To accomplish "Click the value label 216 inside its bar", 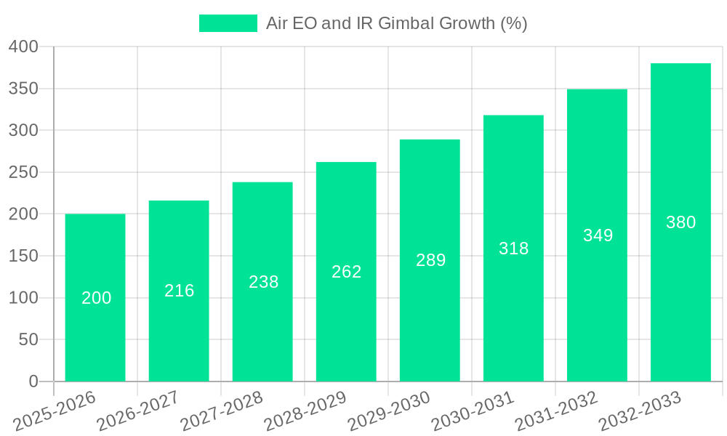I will click(x=179, y=291).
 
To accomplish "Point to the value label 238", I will click(x=263, y=282).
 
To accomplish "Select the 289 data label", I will click(x=430, y=260).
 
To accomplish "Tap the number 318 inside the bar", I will click(x=513, y=249).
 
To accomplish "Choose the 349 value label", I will click(x=598, y=235).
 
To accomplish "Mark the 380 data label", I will click(x=680, y=222).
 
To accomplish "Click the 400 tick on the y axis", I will click(x=23, y=47).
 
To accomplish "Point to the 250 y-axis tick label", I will click(x=23, y=172).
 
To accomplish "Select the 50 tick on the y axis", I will click(x=28, y=339).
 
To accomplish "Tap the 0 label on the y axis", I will click(x=33, y=381).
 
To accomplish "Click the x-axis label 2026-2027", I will click(x=138, y=411).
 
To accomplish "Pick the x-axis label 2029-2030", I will click(x=389, y=411).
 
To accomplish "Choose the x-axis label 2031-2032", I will click(x=556, y=411).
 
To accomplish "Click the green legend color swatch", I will click(x=228, y=23).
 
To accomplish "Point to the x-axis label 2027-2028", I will click(x=222, y=411).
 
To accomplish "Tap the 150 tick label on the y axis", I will click(x=23, y=256).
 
